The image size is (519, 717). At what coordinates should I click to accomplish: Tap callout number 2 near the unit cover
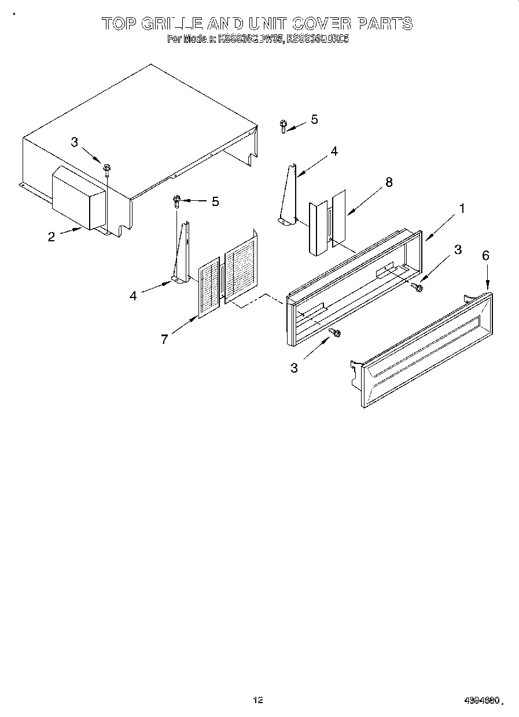coord(51,236)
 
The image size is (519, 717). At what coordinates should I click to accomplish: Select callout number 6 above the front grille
coord(485,256)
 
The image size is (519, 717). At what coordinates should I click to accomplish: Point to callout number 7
coord(164,340)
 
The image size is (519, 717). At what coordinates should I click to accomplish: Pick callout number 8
coord(389,182)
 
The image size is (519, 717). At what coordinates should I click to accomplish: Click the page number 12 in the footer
coord(258,700)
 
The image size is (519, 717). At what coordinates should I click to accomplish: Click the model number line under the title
coord(258,39)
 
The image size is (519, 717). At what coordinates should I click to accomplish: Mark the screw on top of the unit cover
coord(107,168)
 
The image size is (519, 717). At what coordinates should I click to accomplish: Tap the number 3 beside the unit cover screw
coord(74,142)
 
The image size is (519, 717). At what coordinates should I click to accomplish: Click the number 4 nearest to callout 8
coord(334,152)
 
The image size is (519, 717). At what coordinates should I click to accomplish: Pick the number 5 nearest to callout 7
coord(215,201)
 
